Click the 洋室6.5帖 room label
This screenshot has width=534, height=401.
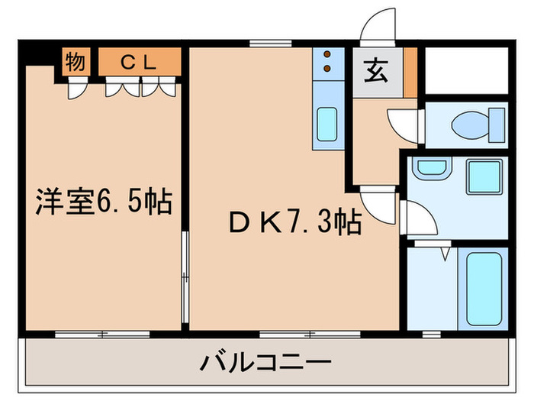104,202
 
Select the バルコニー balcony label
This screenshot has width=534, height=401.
266,361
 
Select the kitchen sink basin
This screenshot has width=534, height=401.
327,121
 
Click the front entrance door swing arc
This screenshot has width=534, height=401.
378,29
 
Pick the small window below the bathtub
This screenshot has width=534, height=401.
431,334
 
